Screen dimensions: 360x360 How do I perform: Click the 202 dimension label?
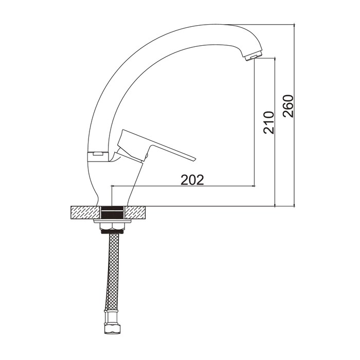tap(192, 179)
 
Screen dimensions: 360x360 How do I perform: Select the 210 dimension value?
tap(269, 122)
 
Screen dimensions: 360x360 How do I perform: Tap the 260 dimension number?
tap(288, 106)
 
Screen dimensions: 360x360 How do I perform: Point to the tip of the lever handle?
tap(195, 159)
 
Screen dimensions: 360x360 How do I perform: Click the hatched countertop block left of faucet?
tap(86, 212)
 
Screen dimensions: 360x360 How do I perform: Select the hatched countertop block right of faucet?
tap(135, 212)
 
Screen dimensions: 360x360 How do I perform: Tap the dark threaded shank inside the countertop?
tap(113, 212)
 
